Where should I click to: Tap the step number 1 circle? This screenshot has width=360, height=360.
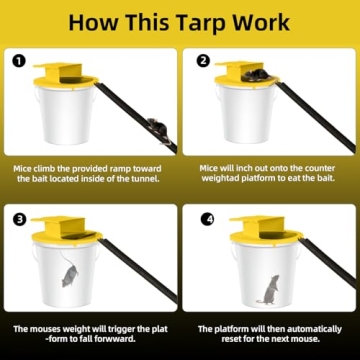click(18, 59)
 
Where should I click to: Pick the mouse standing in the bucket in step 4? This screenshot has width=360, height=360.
click(269, 289)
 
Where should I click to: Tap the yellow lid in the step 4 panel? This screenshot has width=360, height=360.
click(262, 232)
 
